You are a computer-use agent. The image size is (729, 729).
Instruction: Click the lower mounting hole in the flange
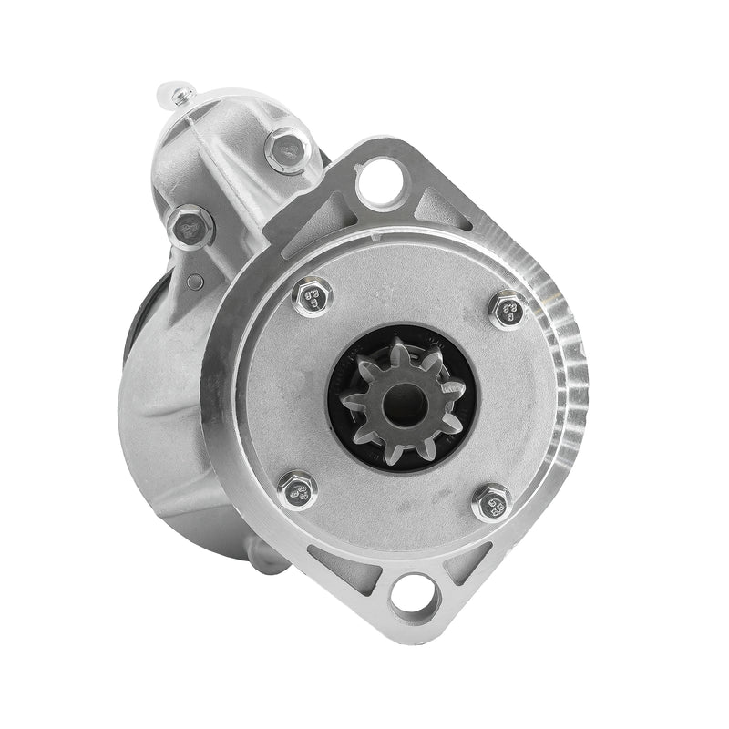[x=412, y=598]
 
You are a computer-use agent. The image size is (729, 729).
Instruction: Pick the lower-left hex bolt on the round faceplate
[x=297, y=489]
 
